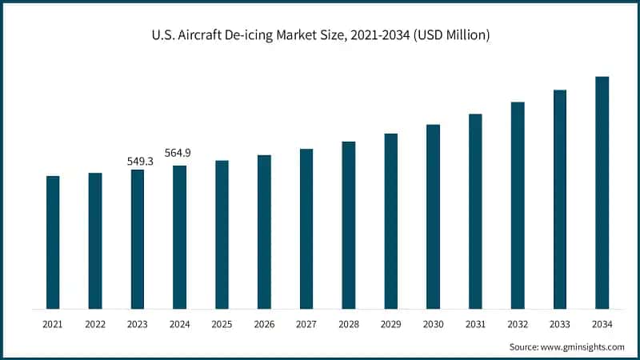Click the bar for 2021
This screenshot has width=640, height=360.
point(53,242)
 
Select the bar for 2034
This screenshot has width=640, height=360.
point(602,193)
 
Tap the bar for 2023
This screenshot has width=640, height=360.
point(138,239)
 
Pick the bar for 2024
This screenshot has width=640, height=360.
point(180,237)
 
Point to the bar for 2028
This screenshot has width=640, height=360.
point(349,225)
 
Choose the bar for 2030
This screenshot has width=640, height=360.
point(433,217)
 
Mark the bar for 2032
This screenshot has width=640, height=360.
point(518,205)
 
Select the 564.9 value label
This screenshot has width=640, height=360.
point(178,154)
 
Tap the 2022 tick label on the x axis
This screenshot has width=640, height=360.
point(95,324)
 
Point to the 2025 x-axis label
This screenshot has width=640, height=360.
point(222,324)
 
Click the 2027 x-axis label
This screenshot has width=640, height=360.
point(306,324)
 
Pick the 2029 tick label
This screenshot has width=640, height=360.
point(390,324)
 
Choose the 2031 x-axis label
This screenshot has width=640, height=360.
point(475,324)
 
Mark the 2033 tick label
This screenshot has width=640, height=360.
point(560,324)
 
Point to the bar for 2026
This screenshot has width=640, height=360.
point(264,232)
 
